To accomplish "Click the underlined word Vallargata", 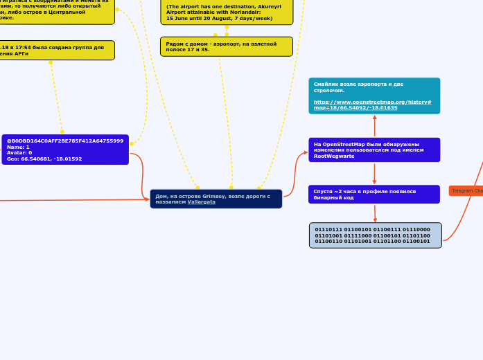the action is click(x=201, y=201).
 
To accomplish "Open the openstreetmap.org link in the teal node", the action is click(x=372, y=105).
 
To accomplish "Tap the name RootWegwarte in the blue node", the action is click(x=334, y=156).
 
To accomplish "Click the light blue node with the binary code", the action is click(x=375, y=235).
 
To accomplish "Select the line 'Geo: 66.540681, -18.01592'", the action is click(x=44, y=159).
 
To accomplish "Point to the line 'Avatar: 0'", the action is click(x=19, y=152).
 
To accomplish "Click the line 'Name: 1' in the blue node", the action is click(x=18, y=147).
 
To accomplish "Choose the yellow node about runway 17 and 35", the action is click(x=227, y=46).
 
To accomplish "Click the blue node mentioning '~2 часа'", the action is click(x=374, y=194).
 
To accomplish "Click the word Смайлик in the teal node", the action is click(x=325, y=84).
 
